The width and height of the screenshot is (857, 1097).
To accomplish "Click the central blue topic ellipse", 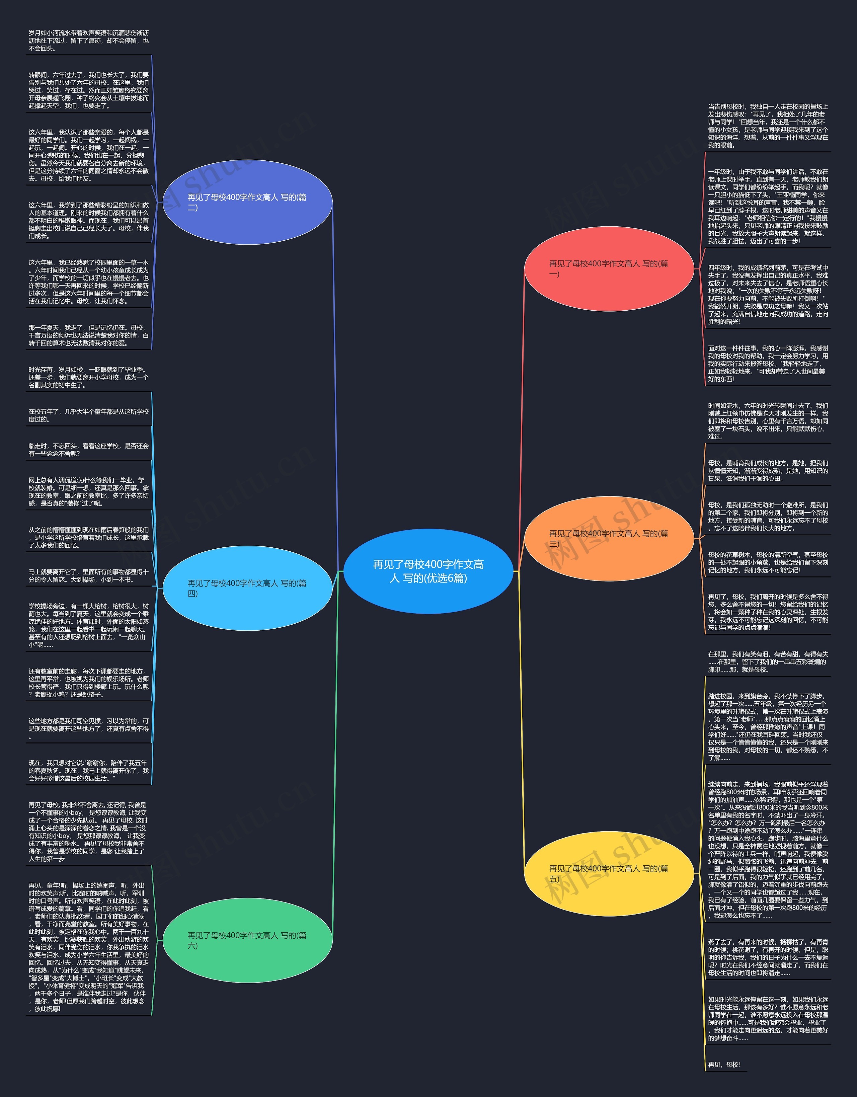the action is click(x=428, y=571).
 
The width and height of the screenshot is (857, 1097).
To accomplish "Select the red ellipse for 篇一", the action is click(x=609, y=269).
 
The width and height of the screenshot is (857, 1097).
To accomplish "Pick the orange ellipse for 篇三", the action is click(x=609, y=538).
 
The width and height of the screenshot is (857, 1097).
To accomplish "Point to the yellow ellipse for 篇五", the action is click(x=609, y=873).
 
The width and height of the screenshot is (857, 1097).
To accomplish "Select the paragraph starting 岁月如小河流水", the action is click(x=88, y=41).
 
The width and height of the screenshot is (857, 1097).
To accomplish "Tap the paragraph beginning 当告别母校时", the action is click(x=768, y=126).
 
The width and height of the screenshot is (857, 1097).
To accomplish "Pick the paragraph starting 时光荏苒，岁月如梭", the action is click(x=88, y=377).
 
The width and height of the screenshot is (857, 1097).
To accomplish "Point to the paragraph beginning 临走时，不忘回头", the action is click(x=88, y=450).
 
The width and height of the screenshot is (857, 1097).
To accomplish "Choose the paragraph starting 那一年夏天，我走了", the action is click(x=88, y=335).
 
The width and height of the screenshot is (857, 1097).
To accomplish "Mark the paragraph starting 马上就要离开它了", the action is click(x=88, y=576).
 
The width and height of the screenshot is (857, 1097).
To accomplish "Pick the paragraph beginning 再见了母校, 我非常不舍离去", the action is click(x=88, y=832).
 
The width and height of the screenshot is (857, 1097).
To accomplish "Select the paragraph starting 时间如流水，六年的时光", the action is click(x=768, y=421).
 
